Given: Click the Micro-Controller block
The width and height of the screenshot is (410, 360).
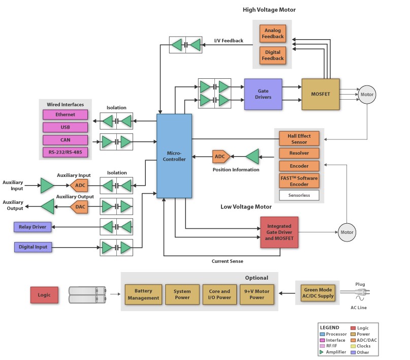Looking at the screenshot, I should (174, 156).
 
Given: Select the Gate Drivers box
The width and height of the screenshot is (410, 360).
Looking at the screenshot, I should (263, 94).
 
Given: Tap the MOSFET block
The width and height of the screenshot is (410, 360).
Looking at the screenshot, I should (320, 94).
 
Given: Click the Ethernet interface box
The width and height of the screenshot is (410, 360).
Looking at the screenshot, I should (65, 115).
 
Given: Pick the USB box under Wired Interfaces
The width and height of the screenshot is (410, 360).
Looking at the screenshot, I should (65, 128).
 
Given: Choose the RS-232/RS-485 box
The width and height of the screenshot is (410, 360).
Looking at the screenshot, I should (65, 153).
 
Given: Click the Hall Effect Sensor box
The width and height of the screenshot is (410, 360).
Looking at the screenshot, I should (299, 139).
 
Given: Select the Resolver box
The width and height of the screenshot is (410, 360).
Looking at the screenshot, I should (299, 153).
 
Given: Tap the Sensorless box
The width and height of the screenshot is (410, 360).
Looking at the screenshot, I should (299, 195).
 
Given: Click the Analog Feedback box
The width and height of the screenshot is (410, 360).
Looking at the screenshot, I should (272, 34).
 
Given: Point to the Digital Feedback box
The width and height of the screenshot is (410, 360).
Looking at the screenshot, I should (272, 54).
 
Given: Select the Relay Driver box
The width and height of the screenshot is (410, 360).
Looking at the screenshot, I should (33, 227).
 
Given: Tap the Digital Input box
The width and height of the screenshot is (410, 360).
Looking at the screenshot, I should (34, 247).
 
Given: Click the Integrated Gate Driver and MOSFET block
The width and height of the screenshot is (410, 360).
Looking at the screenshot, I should (279, 232).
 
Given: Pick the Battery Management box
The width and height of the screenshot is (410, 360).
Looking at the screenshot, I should (143, 295).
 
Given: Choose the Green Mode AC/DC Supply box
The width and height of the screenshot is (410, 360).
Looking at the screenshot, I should (318, 293).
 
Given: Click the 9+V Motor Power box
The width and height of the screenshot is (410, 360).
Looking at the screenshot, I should (256, 295).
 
